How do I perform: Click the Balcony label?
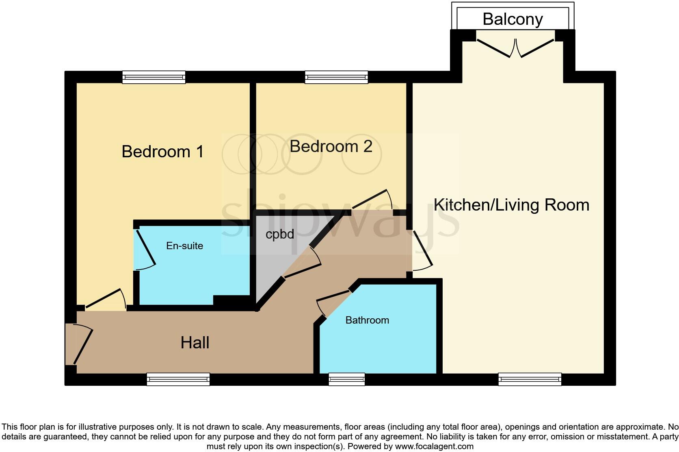(x=512, y=19)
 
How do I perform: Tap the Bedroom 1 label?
(x=162, y=152)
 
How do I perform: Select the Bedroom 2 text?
(x=331, y=146)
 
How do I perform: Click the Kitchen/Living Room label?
(x=511, y=205)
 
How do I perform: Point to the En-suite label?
(x=184, y=246)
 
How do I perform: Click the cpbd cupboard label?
(x=279, y=235)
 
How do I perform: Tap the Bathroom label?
(x=367, y=320)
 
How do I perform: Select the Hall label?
(x=195, y=343)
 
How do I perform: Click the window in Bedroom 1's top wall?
(x=154, y=77)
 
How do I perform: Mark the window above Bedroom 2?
(x=336, y=77)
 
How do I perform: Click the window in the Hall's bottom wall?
(x=178, y=379)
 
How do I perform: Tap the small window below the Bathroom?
(x=346, y=379)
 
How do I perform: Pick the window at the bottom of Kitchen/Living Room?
(x=530, y=379)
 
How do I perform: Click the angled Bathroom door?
(x=333, y=301)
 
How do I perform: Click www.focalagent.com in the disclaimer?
(x=434, y=446)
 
